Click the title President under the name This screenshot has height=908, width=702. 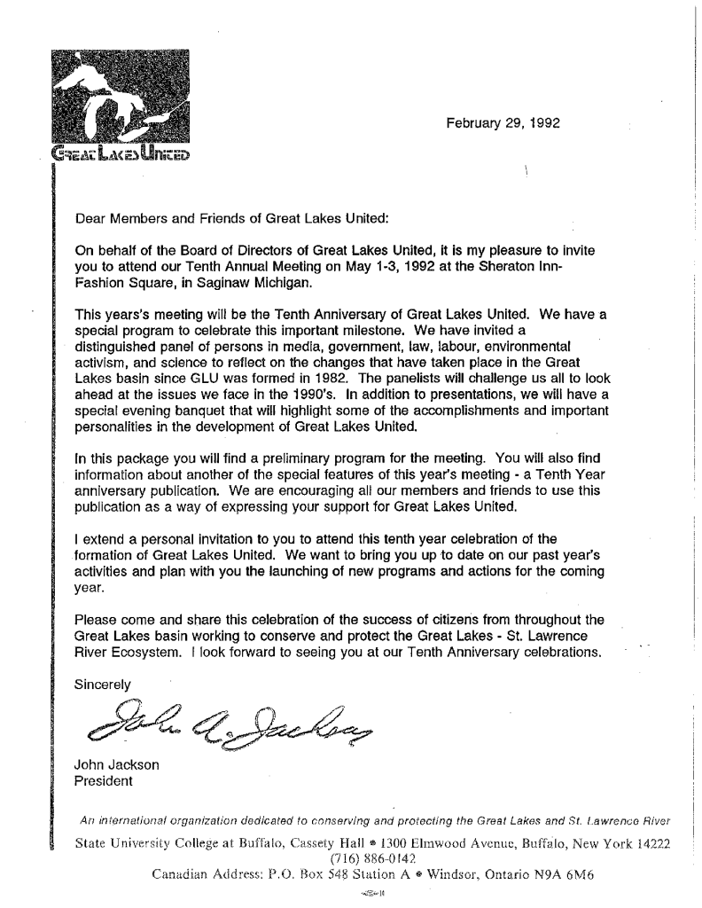[104, 781]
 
